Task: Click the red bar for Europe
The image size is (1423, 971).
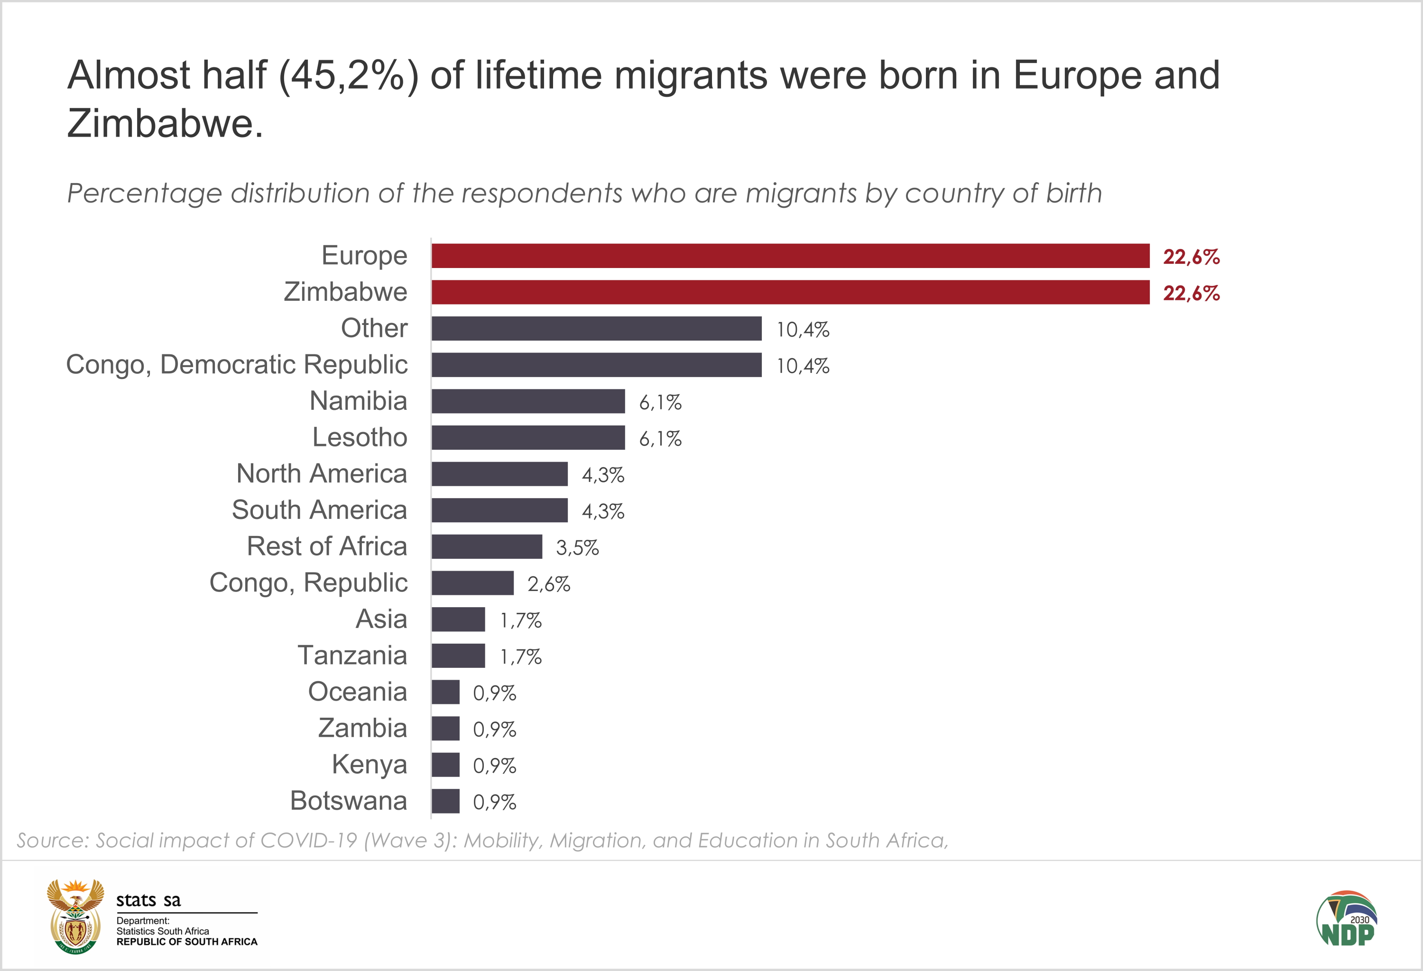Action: (x=790, y=256)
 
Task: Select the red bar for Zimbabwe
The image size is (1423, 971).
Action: (x=790, y=292)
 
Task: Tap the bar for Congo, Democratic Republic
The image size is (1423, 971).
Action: (x=596, y=365)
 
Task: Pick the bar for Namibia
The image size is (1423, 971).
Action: (x=528, y=401)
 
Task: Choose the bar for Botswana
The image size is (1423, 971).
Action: (x=445, y=801)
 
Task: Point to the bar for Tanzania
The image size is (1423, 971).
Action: (x=458, y=656)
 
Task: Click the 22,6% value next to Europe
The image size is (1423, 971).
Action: (x=1191, y=257)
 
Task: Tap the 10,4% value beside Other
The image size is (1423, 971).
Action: (x=803, y=330)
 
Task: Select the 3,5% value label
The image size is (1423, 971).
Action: (x=577, y=548)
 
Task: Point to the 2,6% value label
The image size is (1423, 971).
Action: (x=549, y=584)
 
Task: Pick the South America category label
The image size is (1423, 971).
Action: (x=319, y=510)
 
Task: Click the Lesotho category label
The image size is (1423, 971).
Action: (x=360, y=437)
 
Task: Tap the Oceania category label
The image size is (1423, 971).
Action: (x=357, y=692)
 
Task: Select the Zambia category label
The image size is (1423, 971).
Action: (x=362, y=728)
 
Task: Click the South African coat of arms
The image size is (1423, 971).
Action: (x=76, y=916)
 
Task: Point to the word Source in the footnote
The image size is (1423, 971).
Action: (x=53, y=841)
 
